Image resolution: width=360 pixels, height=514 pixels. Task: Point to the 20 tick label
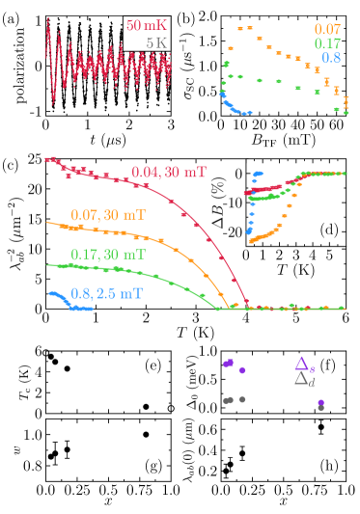point(259,127)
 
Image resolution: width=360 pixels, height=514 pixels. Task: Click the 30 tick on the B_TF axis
point(278,127)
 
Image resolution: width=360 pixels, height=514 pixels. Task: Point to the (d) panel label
point(328,230)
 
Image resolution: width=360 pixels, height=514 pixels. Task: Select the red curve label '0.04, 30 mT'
point(169,174)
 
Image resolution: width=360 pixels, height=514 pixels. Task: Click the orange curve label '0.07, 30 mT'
point(108,214)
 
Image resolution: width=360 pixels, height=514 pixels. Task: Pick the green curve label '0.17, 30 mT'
point(108,255)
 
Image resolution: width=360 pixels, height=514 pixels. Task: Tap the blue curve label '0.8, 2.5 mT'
point(106,286)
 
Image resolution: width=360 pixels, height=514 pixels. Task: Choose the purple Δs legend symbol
point(302,364)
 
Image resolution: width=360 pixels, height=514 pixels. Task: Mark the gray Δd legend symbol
point(302,380)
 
